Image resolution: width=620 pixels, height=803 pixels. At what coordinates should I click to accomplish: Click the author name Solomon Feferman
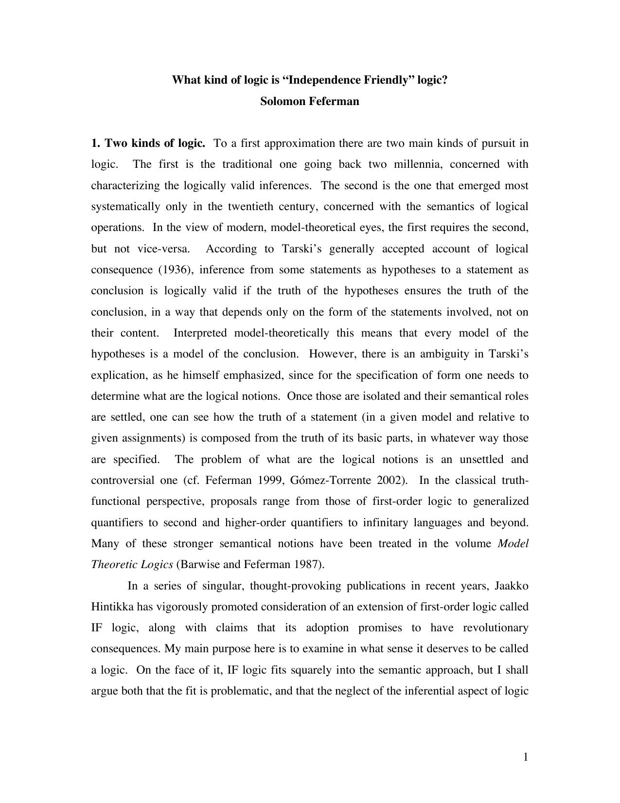tap(309, 101)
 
